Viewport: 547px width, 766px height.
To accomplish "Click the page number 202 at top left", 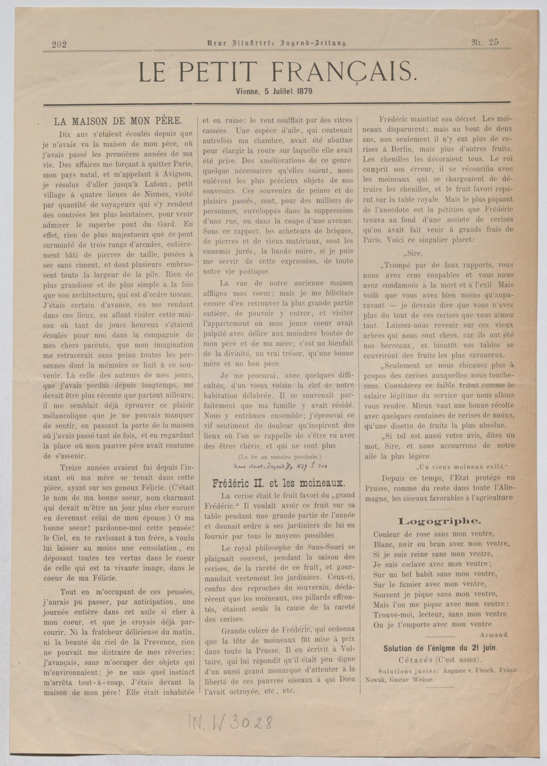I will coord(59,45).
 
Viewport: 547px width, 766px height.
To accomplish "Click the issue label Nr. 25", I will coord(485,42).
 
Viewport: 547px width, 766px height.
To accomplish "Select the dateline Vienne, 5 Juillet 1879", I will coord(274,91).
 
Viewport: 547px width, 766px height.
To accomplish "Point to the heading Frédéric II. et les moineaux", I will coord(279,483).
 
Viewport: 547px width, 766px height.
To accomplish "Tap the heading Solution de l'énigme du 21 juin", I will coord(440,648).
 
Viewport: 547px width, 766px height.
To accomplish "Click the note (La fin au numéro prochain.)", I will coord(279,457).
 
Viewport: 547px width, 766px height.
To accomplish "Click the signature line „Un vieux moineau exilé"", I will coord(462,466).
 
